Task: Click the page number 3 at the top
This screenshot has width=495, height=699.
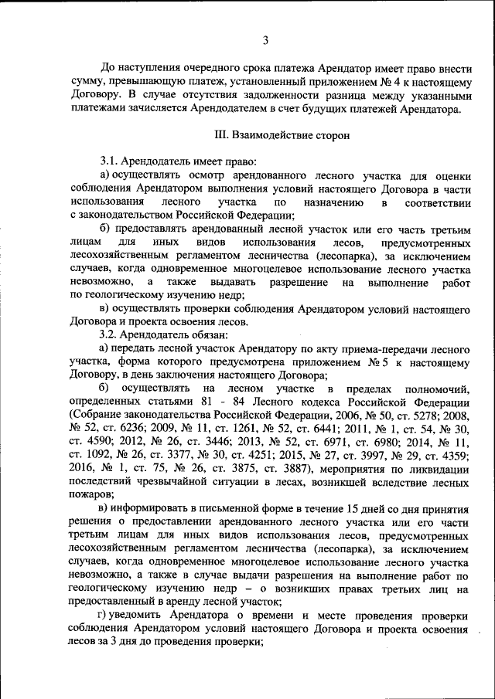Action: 265,40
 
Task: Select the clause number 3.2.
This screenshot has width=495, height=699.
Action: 112,334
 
